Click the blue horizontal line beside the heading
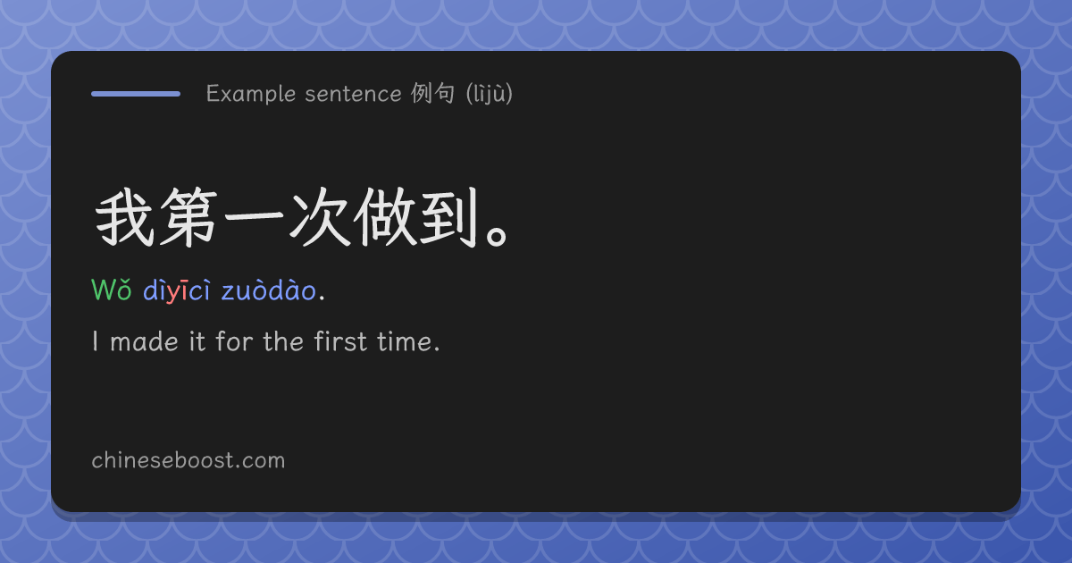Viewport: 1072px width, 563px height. [136, 94]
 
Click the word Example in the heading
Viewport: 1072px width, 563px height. [251, 94]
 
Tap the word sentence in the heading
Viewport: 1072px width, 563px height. [353, 94]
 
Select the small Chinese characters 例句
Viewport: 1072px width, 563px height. [432, 93]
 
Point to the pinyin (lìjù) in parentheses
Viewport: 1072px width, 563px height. [490, 93]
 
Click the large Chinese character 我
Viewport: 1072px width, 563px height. [125, 217]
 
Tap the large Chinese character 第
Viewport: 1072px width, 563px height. [189, 217]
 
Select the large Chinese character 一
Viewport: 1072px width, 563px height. [254, 217]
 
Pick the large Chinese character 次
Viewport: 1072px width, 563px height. [319, 217]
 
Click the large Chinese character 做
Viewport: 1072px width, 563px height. [384, 217]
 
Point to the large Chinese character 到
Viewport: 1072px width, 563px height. [448, 217]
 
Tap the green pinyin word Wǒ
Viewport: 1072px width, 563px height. [112, 290]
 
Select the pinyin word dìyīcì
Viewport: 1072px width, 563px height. [177, 290]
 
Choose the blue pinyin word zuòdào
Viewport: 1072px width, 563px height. [269, 290]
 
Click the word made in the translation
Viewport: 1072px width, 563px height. [144, 341]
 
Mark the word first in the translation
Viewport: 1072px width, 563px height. [340, 341]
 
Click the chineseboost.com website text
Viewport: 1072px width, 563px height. [188, 460]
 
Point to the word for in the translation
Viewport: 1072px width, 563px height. [234, 341]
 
